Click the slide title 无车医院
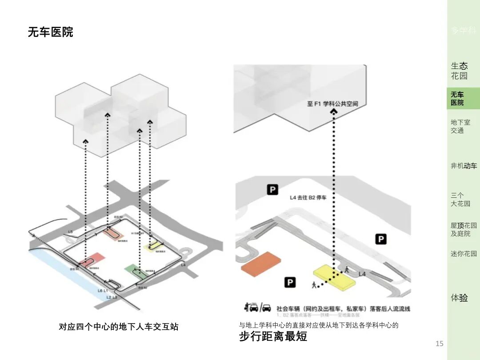(x=50, y=32)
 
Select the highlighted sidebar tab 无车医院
(x=458, y=98)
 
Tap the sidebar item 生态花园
(x=459, y=71)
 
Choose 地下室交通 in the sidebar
(x=460, y=126)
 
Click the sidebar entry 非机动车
(x=464, y=166)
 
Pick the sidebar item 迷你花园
(x=464, y=253)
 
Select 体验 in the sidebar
(x=459, y=298)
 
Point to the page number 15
(x=439, y=343)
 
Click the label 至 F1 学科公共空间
(x=332, y=104)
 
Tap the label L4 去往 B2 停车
(x=308, y=197)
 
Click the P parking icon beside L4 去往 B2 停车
(x=272, y=190)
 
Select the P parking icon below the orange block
(x=290, y=282)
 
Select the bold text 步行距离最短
(x=273, y=336)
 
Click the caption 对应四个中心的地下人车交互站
(x=119, y=327)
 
